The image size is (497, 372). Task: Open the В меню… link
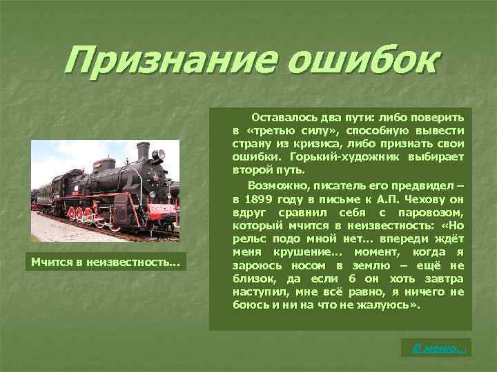pos(439,349)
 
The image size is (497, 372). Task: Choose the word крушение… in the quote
pos(315,251)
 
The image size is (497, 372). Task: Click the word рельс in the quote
pos(248,238)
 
